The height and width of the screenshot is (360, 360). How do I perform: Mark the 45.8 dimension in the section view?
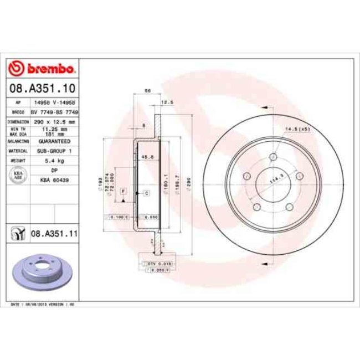click(x=147, y=156)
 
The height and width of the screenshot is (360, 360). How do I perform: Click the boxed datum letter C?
click(x=147, y=193)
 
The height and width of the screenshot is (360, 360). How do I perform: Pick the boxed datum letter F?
click(x=124, y=191)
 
